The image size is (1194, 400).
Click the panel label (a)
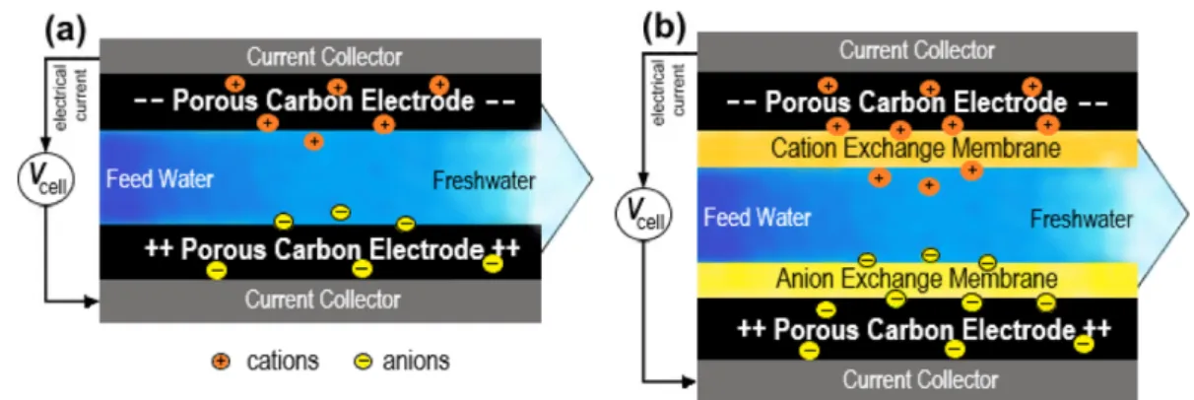click(x=66, y=30)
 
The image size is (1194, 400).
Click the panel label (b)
click(x=664, y=27)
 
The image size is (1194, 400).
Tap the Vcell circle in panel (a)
click(x=46, y=179)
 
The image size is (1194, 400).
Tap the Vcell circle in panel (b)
click(x=644, y=215)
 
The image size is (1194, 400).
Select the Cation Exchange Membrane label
click(x=916, y=148)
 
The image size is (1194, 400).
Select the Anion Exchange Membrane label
click(x=916, y=279)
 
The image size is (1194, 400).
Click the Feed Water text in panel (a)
click(x=160, y=178)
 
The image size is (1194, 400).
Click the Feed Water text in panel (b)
click(x=757, y=217)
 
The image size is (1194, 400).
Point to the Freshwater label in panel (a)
click(x=484, y=181)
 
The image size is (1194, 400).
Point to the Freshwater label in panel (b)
click(x=1081, y=219)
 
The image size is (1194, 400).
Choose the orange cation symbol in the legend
click(x=221, y=362)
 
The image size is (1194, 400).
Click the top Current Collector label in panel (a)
click(x=324, y=56)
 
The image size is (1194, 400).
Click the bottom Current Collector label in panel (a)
click(x=322, y=300)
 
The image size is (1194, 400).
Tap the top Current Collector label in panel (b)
click(x=917, y=50)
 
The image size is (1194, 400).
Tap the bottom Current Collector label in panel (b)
click(x=920, y=379)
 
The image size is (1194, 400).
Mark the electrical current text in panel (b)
click(x=668, y=94)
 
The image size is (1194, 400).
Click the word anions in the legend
click(x=416, y=361)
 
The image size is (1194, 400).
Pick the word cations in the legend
click(x=283, y=361)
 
